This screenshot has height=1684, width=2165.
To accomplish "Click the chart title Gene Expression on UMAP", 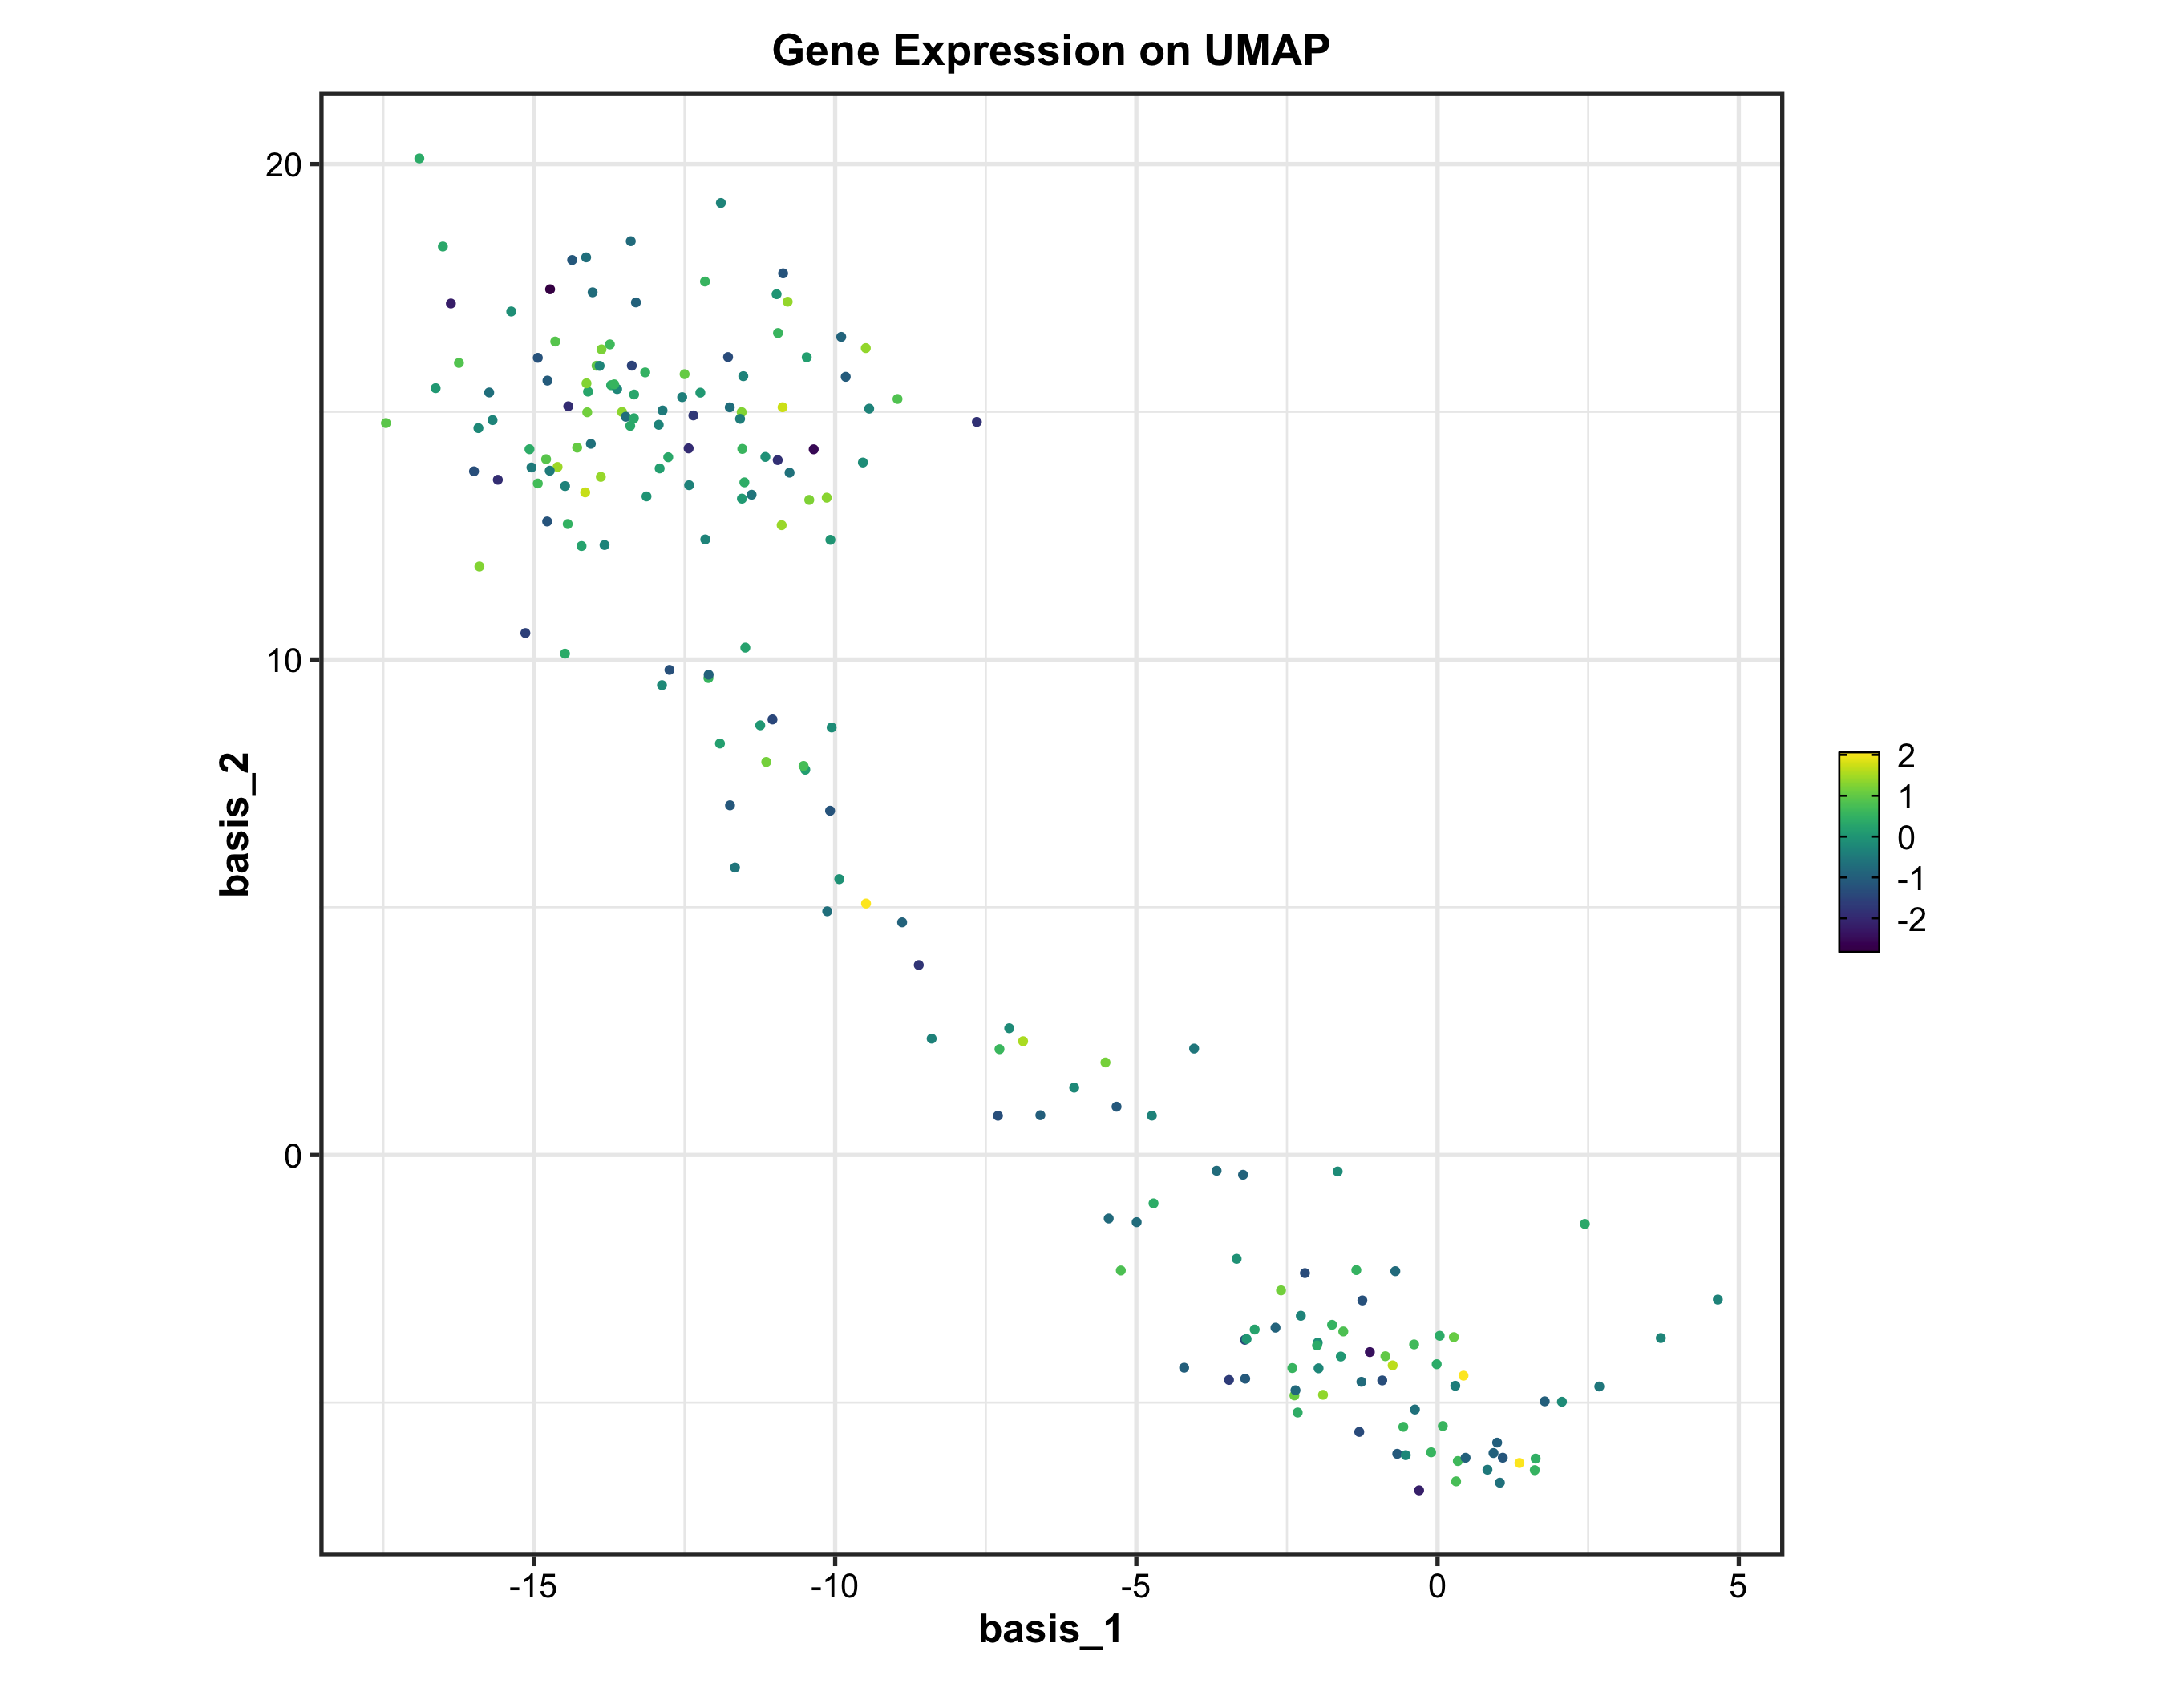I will tap(1050, 51).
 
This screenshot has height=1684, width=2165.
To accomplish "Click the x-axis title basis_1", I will tap(1050, 1629).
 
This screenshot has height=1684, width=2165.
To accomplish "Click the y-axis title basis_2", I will tap(235, 824).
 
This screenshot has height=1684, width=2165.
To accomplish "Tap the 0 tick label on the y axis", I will tap(293, 1156).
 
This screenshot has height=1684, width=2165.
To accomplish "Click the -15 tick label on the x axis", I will tap(532, 1587).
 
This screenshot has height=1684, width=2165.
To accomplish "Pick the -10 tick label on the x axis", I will tap(834, 1587).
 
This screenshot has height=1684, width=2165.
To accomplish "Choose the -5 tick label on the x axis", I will tap(1135, 1587).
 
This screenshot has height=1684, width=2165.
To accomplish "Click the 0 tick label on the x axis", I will tap(1438, 1587).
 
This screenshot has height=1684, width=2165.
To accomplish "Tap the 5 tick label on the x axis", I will tap(1738, 1587).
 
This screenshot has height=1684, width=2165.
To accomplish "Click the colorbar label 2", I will tap(1905, 756).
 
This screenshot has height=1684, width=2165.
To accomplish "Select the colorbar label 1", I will tap(1905, 797).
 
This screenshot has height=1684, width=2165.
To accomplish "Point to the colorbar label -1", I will tap(1910, 879).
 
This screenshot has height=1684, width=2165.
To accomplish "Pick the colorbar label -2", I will tap(1910, 920).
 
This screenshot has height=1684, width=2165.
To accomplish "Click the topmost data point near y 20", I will tap(419, 159).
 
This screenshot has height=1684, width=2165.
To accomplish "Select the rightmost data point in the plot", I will tap(1718, 1299).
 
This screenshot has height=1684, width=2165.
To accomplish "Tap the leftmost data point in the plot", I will tap(386, 423).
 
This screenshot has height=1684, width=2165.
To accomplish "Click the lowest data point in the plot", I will tap(1418, 1491).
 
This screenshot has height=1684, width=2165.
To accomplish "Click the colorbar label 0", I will tap(1905, 839).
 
